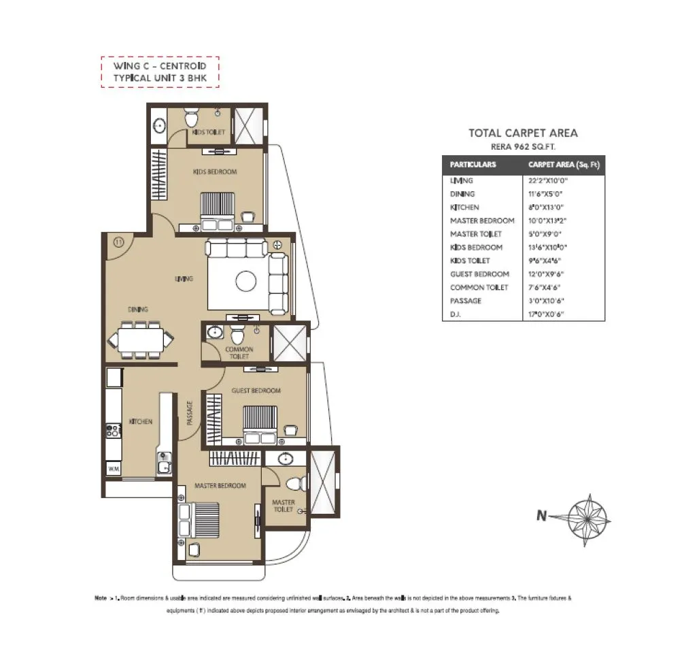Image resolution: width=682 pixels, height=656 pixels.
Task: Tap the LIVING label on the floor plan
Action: tap(184, 278)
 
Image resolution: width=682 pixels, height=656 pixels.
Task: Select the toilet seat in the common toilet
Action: tap(237, 335)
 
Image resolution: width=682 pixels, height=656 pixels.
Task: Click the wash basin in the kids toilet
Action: tap(158, 125)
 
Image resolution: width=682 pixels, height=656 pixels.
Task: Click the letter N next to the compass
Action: tap(541, 516)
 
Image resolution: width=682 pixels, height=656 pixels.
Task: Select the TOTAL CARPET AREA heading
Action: tap(523, 133)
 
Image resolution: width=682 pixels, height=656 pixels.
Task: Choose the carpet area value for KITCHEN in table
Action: tap(547, 208)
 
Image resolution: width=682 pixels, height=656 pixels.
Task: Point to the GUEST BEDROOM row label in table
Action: tap(479, 274)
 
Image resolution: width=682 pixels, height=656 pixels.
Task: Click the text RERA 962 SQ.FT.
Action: tap(523, 146)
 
